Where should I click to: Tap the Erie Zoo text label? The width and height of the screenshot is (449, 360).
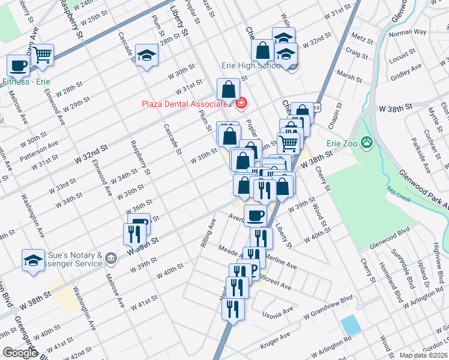(x=342, y=143)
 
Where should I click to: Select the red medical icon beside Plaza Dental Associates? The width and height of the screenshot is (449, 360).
(x=241, y=104)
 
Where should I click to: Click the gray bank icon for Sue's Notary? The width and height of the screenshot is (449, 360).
(x=110, y=259)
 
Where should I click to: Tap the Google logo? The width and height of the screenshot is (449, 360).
(x=19, y=353)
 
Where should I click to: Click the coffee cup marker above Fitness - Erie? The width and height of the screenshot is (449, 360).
(x=18, y=65)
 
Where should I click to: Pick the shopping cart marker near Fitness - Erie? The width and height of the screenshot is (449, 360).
(x=43, y=55)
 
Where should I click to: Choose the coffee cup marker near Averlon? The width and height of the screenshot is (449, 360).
(x=255, y=215)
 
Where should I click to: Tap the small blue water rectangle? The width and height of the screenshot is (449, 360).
(x=351, y=325)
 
